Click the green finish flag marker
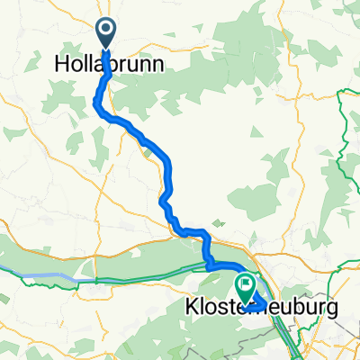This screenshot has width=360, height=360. point(245,287)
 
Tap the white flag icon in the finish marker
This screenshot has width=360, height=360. point(245,285)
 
